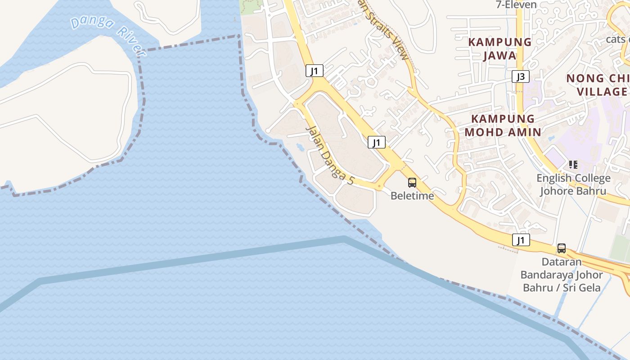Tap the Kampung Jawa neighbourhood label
[x=500, y=49]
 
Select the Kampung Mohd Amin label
[x=503, y=126]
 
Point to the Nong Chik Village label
[x=598, y=85]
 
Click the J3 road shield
[x=520, y=76]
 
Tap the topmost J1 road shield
[x=314, y=71]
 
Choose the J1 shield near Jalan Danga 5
[x=377, y=143]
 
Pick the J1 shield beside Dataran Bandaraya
[x=521, y=240]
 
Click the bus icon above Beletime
[x=412, y=183]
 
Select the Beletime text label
[x=412, y=196]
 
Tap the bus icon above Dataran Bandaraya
[x=562, y=248]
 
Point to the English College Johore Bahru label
[x=573, y=184]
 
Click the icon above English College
[x=573, y=165]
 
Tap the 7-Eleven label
[x=516, y=5]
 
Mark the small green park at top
[x=251, y=7]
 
